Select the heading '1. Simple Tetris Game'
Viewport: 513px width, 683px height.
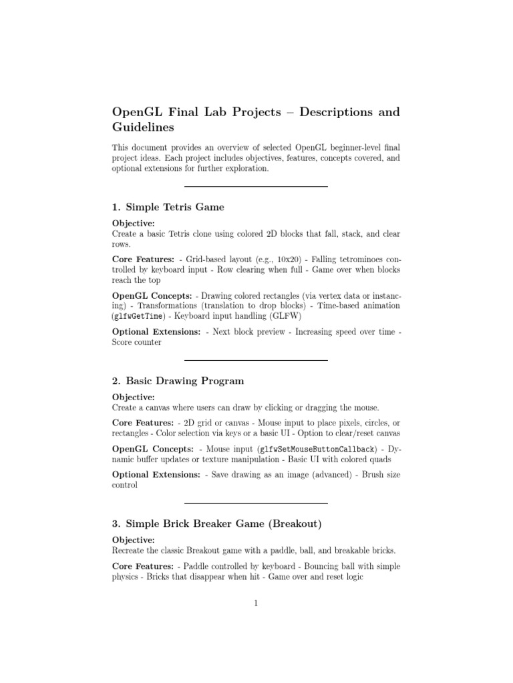168,207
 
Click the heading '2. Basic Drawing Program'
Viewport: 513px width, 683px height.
178,381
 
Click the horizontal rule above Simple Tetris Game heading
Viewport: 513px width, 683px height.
256,186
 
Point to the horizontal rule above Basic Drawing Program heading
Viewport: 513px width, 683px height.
256,360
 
